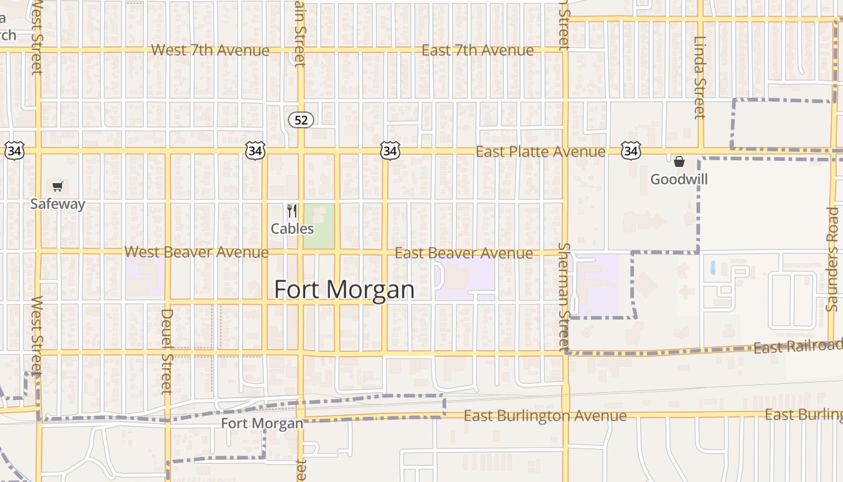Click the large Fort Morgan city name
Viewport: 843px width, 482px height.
[x=344, y=290]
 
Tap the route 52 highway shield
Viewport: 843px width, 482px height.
[x=301, y=120]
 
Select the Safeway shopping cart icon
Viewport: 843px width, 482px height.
[x=57, y=186]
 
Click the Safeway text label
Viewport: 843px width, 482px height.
[x=58, y=204]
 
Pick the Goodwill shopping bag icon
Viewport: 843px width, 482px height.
[x=679, y=161]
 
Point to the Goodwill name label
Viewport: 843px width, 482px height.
[x=679, y=180]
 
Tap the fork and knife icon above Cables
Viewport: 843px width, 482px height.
[x=292, y=211]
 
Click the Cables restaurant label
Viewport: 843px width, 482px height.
[x=292, y=229]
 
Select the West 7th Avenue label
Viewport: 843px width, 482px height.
[x=210, y=50]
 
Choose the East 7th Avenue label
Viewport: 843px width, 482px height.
[x=477, y=50]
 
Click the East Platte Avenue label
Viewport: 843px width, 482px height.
[x=540, y=151]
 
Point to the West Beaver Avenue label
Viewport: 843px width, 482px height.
[x=196, y=252]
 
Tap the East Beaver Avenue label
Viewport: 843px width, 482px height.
[x=464, y=253]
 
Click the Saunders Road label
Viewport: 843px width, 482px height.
[x=833, y=259]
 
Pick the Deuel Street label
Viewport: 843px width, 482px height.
[x=167, y=351]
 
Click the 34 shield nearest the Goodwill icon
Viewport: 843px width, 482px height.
[x=630, y=151]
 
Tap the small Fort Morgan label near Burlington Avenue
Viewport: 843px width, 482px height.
[x=262, y=424]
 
